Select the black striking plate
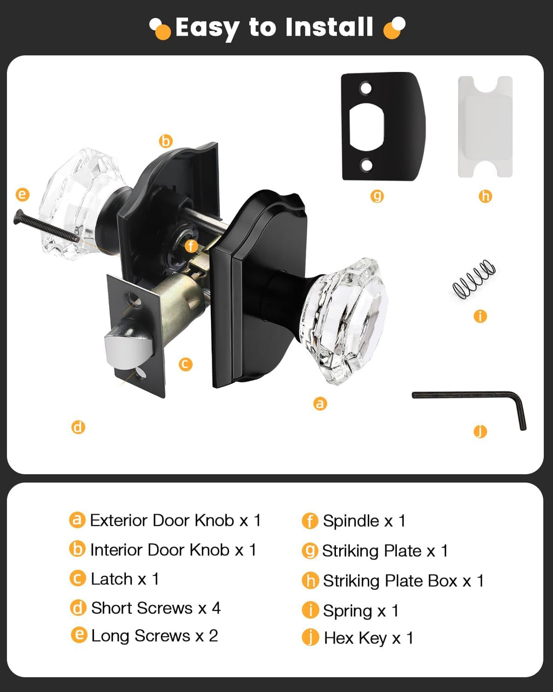coord(383,126)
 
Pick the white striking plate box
coord(485,127)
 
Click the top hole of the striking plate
coord(366,88)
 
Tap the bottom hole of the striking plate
coord(366,165)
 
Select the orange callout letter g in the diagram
coord(377,196)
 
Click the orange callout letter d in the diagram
coord(78,427)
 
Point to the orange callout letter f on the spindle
coord(191,246)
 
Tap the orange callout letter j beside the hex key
coord(480,431)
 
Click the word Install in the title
coord(329,26)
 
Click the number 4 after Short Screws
coord(216,608)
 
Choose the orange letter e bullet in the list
coord(79,635)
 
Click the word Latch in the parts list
coord(111,579)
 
